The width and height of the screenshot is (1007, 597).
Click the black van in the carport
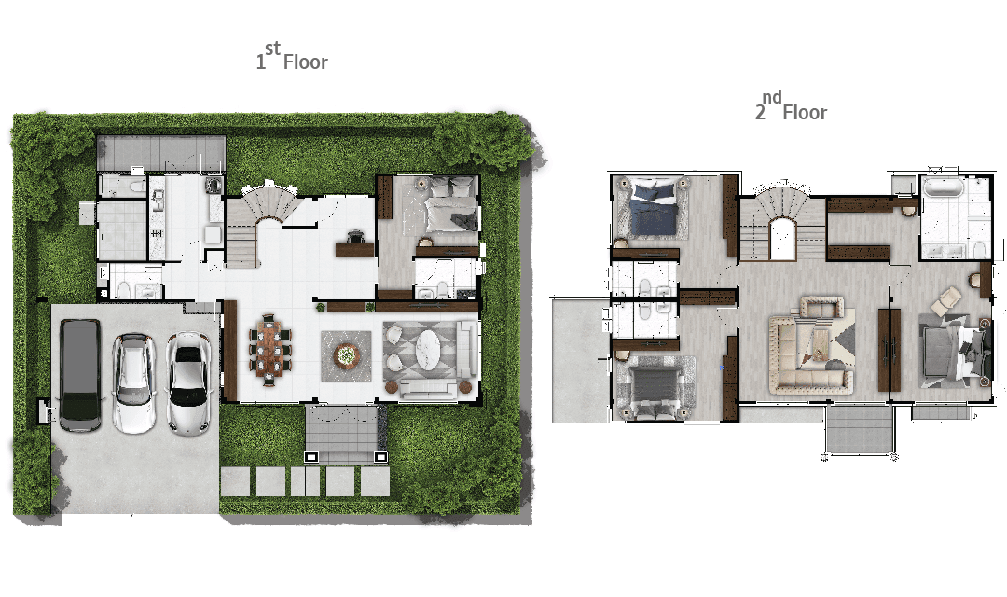point(80,375)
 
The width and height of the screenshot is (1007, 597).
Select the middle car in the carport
point(133,383)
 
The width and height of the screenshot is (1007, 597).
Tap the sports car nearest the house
point(188,383)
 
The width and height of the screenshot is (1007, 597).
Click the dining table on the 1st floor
point(269,349)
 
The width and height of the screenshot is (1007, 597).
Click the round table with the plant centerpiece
point(346,354)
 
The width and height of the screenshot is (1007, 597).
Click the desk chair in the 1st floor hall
point(355,237)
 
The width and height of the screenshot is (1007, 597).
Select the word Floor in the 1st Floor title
point(306,62)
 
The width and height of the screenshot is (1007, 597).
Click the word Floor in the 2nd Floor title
point(805,113)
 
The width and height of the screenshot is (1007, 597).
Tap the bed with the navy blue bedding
point(654,210)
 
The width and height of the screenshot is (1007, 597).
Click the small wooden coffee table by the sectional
point(819,344)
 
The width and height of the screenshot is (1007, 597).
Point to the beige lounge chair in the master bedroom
point(946,300)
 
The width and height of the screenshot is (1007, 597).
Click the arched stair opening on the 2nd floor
point(783,239)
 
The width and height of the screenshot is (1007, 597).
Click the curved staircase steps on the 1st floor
point(269,201)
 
